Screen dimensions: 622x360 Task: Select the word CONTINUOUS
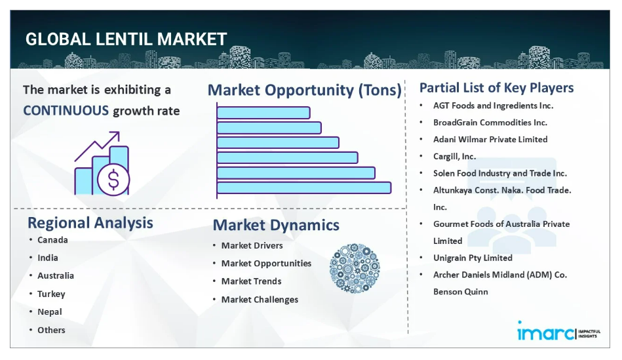(66, 110)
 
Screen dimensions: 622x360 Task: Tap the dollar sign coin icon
(113, 180)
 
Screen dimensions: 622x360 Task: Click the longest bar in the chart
(304, 188)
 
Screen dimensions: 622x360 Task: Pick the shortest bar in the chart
(263, 113)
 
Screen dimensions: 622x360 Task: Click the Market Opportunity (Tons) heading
(305, 90)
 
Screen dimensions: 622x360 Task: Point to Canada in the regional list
(52, 240)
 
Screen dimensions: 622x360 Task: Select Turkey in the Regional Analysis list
(51, 294)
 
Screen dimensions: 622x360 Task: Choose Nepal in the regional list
(50, 312)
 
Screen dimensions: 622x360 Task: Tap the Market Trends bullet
(252, 281)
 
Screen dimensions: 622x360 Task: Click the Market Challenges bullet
(260, 300)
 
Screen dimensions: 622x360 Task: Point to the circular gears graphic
(355, 268)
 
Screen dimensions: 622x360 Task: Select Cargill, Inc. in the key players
(455, 156)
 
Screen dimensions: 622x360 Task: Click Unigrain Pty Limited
(473, 258)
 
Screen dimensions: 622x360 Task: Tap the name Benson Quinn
(461, 292)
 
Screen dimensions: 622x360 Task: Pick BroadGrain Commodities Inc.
(490, 123)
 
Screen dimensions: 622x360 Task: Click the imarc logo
(559, 331)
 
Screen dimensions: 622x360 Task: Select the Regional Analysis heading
(90, 223)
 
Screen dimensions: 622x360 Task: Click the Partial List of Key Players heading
(497, 88)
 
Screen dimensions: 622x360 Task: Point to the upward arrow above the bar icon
(97, 146)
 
